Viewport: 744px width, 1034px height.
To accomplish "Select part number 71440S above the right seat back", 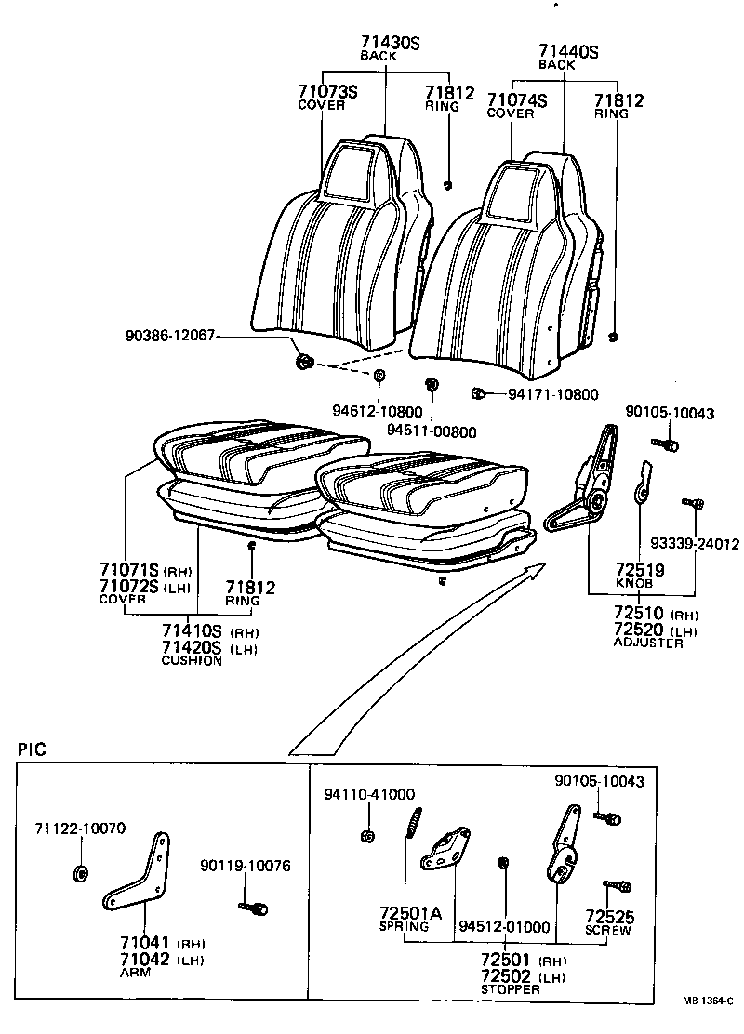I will point(567,52).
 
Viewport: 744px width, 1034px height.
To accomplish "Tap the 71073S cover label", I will point(327,91).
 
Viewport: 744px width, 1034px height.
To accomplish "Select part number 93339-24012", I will point(695,544).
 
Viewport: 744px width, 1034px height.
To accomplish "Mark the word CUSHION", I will point(192,661).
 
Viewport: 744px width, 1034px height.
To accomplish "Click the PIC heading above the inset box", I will point(33,749).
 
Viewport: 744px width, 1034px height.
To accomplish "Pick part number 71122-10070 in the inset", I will point(80,829).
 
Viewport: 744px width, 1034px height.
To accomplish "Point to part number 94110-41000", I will point(369,795).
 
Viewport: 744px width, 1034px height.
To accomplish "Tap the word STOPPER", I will point(510,989).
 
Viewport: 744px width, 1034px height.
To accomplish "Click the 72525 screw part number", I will point(608,917).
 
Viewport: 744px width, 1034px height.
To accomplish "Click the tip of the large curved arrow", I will point(545,565).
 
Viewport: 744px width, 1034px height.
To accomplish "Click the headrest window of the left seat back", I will point(345,172).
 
